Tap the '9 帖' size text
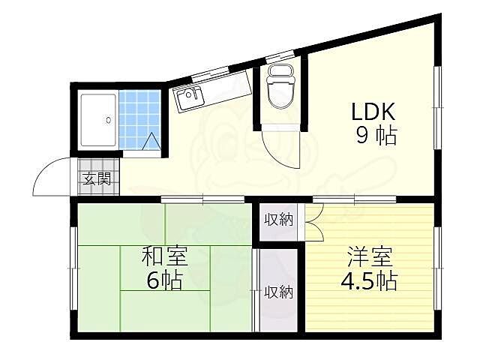[x=377, y=137]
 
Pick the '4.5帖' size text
[x=370, y=282]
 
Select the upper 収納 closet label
[x=278, y=220]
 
